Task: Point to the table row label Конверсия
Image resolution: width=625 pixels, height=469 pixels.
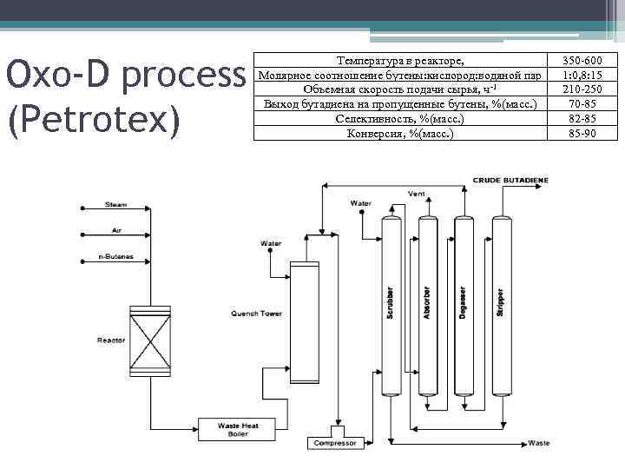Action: pos(399,133)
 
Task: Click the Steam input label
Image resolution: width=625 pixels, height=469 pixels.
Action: pos(116,205)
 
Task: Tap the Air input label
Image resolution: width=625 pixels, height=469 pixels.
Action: pos(115,230)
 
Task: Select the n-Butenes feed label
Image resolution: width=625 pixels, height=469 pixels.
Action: pos(116,258)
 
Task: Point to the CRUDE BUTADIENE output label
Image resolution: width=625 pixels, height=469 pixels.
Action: pos(510,180)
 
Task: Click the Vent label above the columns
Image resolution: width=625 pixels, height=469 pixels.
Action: pos(417,193)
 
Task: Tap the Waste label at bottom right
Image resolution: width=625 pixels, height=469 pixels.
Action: pos(538,443)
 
